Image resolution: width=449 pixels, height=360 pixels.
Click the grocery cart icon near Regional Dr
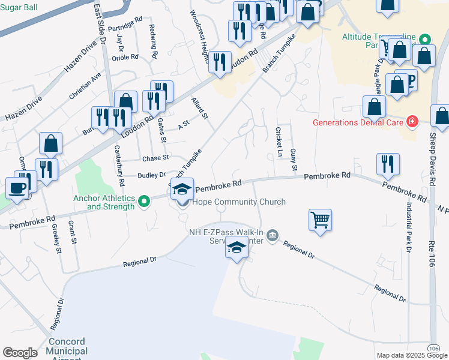(x=321, y=220)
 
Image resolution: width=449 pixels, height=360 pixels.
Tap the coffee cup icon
(x=17, y=187)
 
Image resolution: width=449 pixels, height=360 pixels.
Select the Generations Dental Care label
(x=358, y=122)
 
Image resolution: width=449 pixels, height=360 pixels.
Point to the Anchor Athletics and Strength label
(x=103, y=202)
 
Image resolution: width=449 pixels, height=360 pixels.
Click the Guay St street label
(x=294, y=159)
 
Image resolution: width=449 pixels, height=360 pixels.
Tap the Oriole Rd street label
(x=125, y=58)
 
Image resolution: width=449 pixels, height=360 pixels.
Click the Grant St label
(x=72, y=232)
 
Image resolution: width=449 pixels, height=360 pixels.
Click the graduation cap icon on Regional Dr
(x=237, y=248)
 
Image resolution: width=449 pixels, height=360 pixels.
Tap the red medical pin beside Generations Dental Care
(x=412, y=122)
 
